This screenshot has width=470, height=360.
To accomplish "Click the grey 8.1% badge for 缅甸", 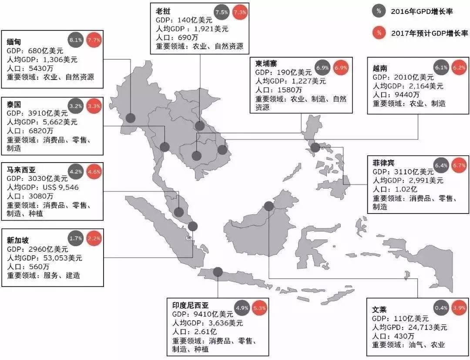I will click(76, 40).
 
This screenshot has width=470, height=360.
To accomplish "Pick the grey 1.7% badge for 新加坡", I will click(76, 238).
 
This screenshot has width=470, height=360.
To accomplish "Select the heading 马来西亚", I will click(21, 170).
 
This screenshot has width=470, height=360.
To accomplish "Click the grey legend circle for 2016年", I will click(379, 11).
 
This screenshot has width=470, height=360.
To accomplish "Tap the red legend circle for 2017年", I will click(379, 33).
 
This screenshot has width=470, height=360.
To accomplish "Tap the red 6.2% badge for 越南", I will click(460, 67).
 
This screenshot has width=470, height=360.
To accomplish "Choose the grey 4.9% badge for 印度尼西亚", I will click(242, 307).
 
